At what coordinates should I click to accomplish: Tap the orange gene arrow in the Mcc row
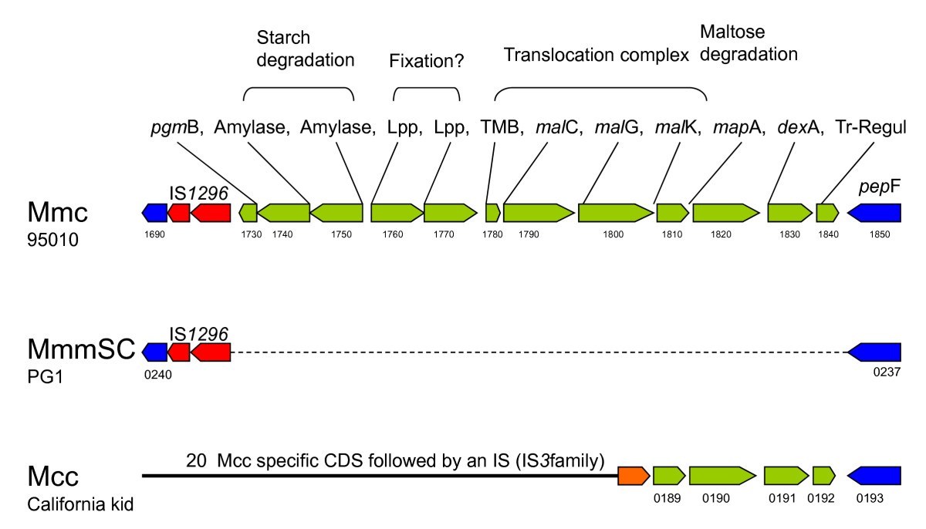pos(633,476)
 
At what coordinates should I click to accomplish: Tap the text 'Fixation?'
pos(426,61)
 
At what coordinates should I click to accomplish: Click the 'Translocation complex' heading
pos(596,56)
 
